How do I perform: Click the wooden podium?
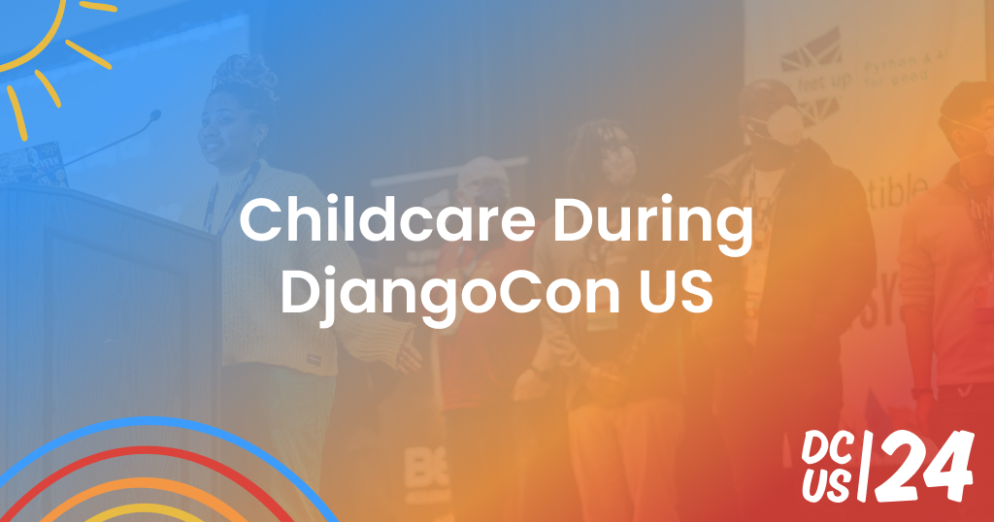point(107,320)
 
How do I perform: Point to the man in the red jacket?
point(476,291)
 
